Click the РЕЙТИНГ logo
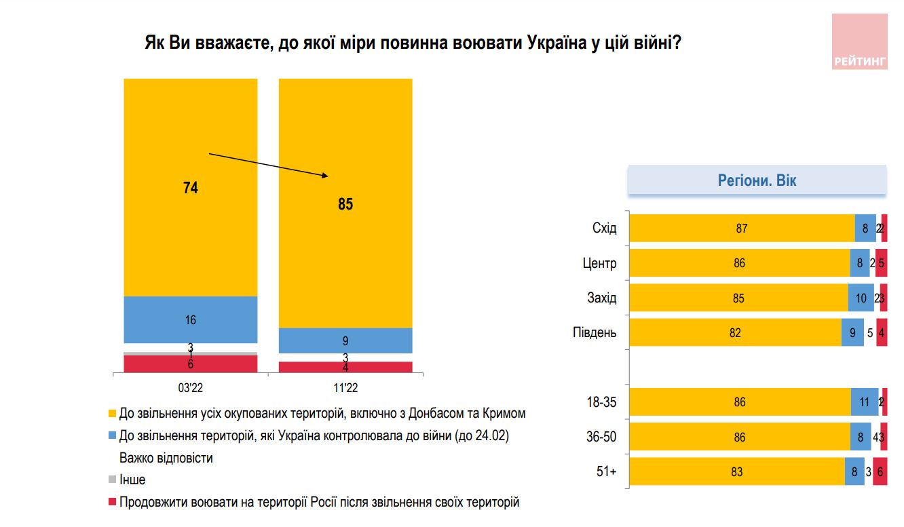[859, 41]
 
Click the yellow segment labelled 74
[191, 187]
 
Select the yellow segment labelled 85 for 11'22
[345, 203]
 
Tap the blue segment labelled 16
[191, 319]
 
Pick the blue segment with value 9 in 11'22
[345, 340]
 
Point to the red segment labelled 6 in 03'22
[191, 364]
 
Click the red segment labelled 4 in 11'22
[345, 367]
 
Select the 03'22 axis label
[191, 388]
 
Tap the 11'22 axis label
[345, 388]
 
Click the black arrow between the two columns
[268, 165]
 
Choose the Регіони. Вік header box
[757, 181]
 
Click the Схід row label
[604, 228]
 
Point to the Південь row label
[595, 332]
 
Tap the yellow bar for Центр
[739, 262]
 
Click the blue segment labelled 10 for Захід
[861, 298]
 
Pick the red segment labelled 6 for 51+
[880, 471]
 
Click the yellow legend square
[112, 413]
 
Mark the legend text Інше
[132, 480]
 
